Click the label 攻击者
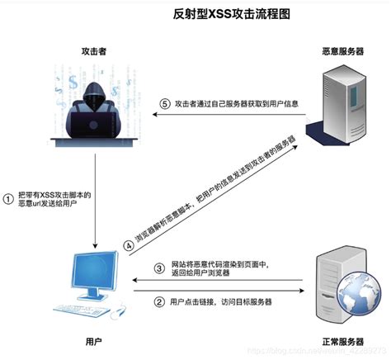(x=93, y=51)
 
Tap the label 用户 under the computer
(x=93, y=340)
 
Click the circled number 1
(x=9, y=198)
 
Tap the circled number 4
(x=129, y=244)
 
